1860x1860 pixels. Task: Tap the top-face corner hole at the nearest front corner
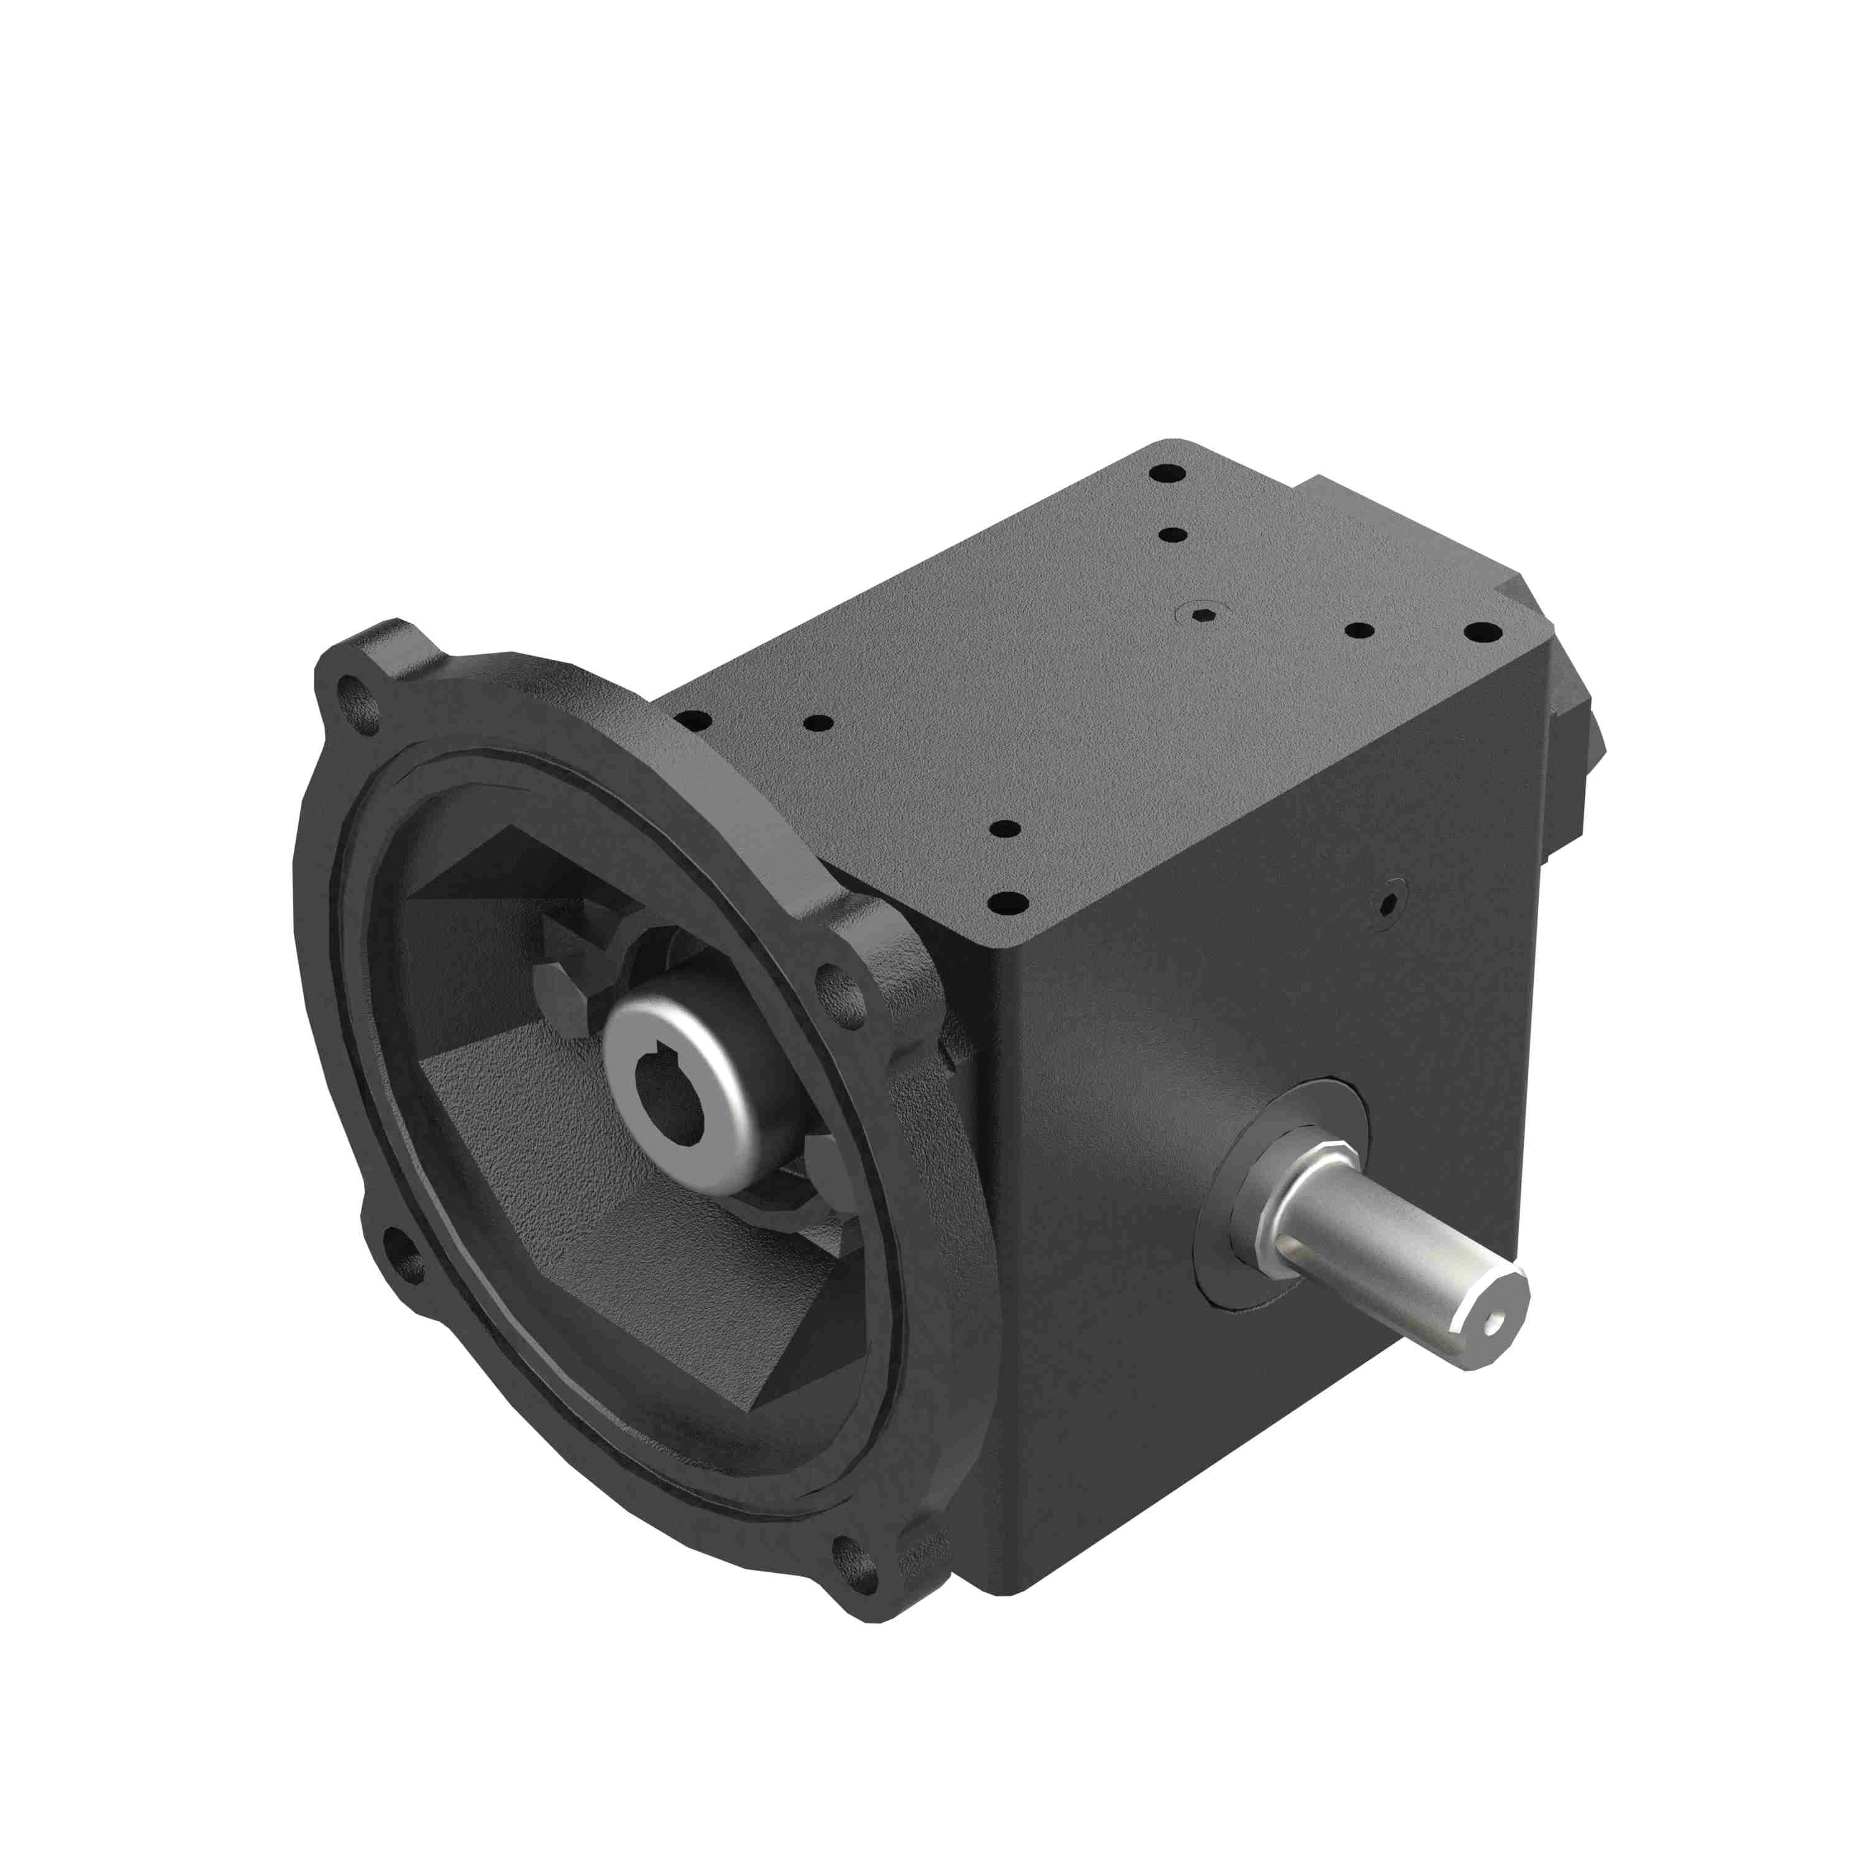tap(1007, 903)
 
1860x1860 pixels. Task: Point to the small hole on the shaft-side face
tap(1388, 903)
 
